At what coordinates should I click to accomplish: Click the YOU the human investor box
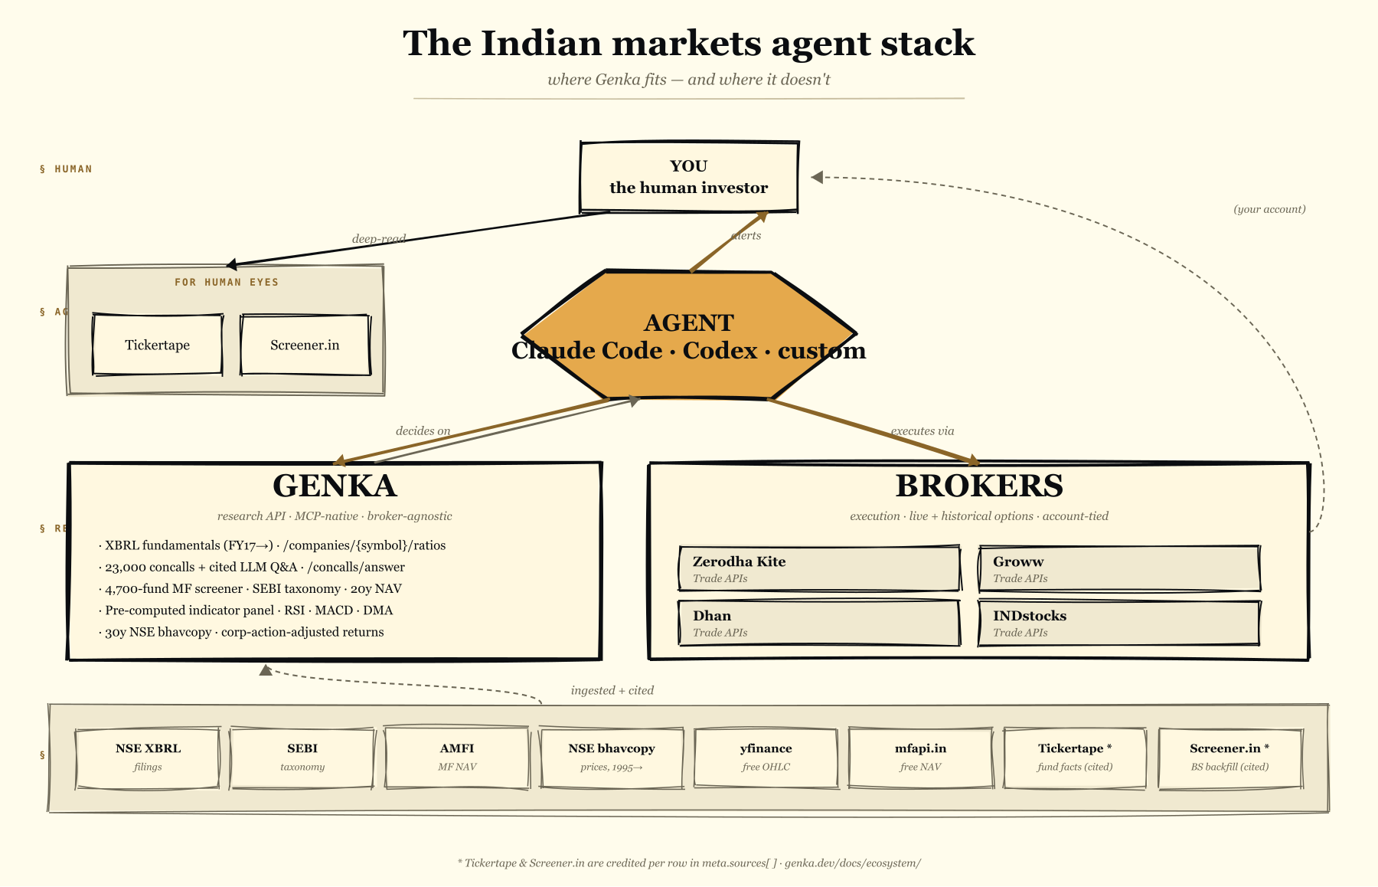coord(689,177)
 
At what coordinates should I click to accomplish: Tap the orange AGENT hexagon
coord(689,335)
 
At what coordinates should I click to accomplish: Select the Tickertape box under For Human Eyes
coord(158,345)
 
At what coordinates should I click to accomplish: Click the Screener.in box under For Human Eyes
coord(305,345)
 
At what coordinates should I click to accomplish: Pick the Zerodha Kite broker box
coord(819,568)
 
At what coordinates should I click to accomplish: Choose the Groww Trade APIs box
coord(1118,568)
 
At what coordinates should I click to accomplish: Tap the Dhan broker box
coord(819,623)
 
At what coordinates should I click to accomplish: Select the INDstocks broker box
coord(1118,623)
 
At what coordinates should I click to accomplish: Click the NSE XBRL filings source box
coord(148,757)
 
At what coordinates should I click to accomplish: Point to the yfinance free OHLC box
coord(766,757)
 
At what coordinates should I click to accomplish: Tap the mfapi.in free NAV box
coord(920,757)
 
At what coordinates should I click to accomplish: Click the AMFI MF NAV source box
coord(457,757)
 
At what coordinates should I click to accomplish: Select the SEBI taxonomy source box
coord(302,757)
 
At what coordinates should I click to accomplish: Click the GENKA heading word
coord(335,486)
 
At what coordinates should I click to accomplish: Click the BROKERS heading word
coord(979,486)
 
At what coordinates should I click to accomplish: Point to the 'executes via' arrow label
coord(922,431)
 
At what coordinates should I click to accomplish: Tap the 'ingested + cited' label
coord(612,690)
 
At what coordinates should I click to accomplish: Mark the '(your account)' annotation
coord(1269,209)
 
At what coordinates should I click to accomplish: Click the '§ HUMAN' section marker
coord(66,169)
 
